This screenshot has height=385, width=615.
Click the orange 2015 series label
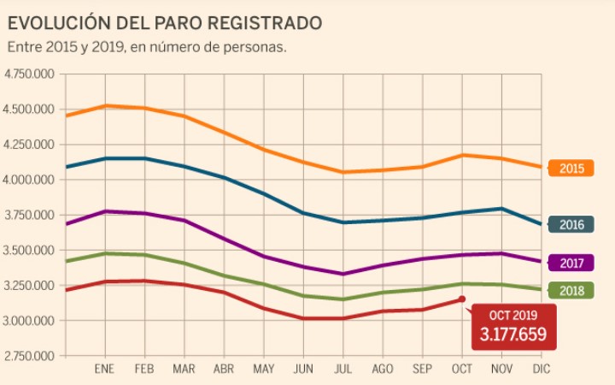[x=571, y=168]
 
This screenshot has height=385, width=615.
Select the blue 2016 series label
[x=571, y=225]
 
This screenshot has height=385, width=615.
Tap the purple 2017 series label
[x=571, y=263]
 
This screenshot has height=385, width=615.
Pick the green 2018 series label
[x=571, y=291]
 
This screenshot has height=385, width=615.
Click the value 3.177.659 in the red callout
[x=513, y=334]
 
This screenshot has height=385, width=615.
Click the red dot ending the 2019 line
[x=462, y=299]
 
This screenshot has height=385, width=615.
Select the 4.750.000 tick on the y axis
[x=30, y=74]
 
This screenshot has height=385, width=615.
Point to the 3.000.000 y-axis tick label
[x=30, y=321]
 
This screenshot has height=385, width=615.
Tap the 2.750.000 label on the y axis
[x=30, y=356]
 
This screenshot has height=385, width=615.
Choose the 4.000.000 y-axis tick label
[x=30, y=180]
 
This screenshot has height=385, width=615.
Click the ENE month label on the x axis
[x=104, y=369]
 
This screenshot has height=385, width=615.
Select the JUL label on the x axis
[x=343, y=369]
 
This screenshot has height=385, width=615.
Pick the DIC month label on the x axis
[x=542, y=369]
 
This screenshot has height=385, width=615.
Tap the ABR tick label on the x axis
[x=224, y=369]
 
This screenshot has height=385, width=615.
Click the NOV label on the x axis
[x=502, y=369]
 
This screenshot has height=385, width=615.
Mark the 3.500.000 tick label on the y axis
[x=30, y=251]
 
